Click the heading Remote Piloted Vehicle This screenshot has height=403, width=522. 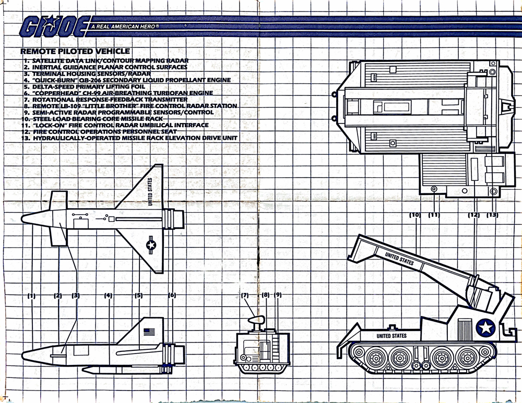point(75,51)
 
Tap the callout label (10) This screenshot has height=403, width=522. point(416,215)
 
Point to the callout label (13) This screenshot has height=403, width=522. point(492,215)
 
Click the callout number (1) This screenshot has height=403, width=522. point(31,296)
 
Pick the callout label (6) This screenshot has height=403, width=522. point(172,296)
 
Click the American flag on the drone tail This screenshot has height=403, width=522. point(150,331)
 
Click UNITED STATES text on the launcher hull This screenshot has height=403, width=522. point(391,336)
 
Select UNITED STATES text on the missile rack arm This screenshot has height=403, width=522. point(399,259)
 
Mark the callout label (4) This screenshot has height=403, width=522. point(108,296)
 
